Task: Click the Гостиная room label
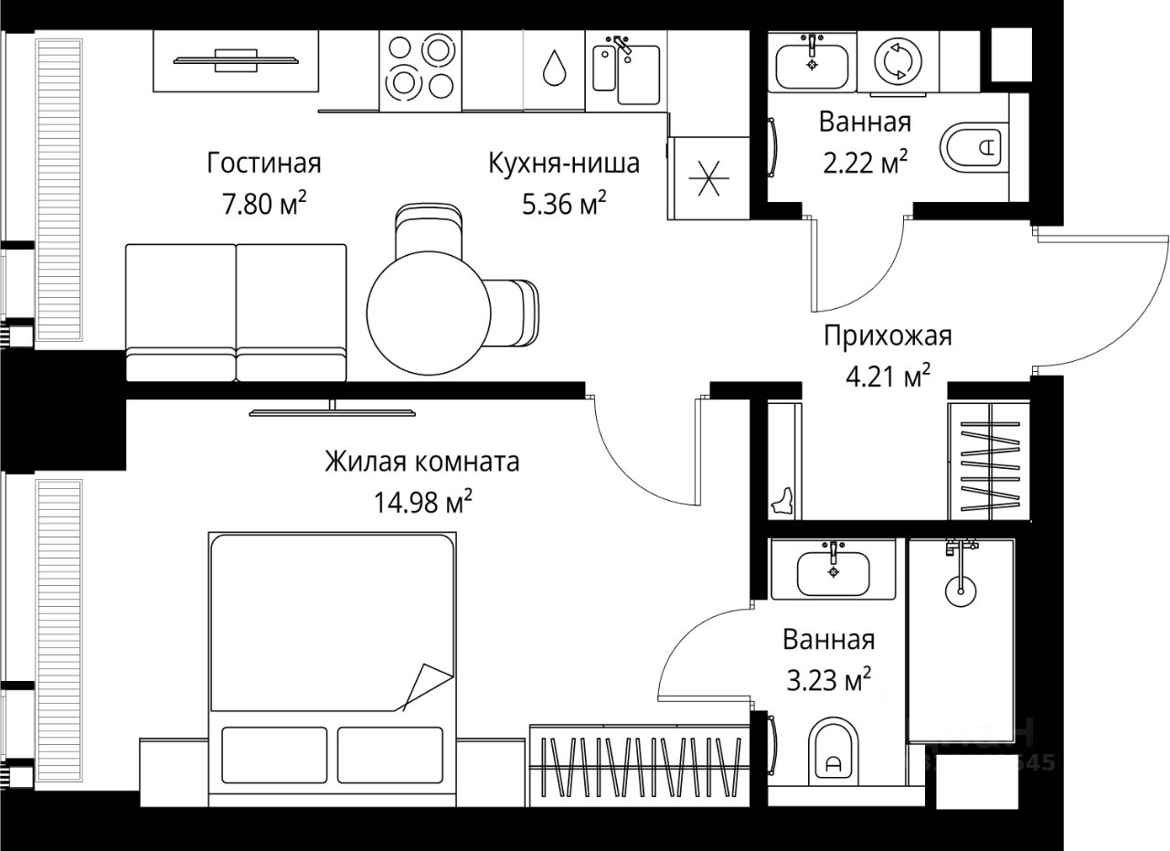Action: pyautogui.click(x=264, y=164)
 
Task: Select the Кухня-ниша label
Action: pyautogui.click(x=563, y=164)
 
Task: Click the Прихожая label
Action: pyautogui.click(x=887, y=336)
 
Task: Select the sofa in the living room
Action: pyautogui.click(x=236, y=313)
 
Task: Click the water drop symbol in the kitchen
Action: pyautogui.click(x=553, y=68)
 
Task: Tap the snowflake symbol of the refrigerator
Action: pyautogui.click(x=709, y=178)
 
